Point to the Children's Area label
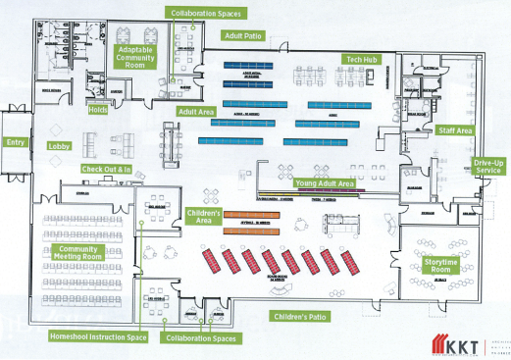[202, 216]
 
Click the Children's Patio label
[300, 316]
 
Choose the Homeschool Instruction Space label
[97, 336]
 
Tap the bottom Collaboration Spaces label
[202, 337]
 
